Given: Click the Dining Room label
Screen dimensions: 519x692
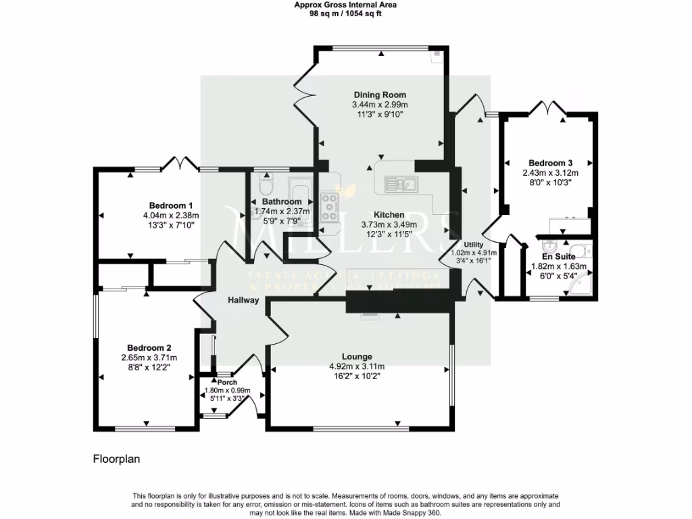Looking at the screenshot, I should point(380,95).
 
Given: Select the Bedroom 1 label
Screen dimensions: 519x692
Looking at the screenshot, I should point(171,205).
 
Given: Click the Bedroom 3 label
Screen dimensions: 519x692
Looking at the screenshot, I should point(551,163).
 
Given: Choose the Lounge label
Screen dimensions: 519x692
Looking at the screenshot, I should point(357,357).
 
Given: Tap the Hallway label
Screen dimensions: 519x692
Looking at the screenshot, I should point(243,300).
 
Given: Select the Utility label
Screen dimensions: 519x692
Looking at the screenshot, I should point(473,244).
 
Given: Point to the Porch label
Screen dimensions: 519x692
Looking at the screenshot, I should point(227,382).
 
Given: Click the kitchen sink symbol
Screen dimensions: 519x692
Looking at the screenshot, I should point(402,183).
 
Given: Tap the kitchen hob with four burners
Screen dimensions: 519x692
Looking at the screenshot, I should point(330,207).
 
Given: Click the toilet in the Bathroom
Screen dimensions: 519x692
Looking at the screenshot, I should point(265,182).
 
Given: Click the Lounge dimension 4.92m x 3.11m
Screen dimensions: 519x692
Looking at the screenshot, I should point(357,367).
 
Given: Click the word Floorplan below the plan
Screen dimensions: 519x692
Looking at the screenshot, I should point(116,459).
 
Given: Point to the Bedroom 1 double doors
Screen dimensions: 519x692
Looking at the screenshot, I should point(180,163).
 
